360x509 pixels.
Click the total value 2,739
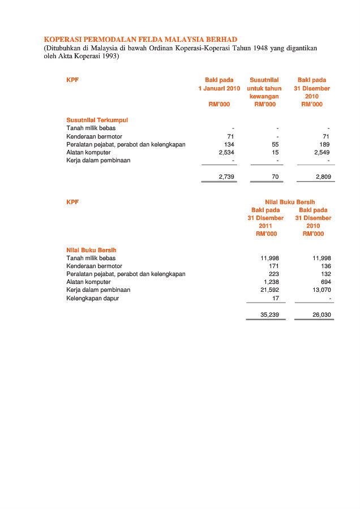226,177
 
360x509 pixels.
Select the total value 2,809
322,177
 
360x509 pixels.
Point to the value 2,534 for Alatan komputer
226,152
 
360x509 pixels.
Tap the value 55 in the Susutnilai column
275,144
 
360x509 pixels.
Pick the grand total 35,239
269,314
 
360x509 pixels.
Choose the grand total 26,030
322,314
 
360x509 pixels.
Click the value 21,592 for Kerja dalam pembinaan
269,290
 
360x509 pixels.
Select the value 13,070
322,290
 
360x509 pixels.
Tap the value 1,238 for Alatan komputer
271,282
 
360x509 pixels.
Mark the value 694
325,282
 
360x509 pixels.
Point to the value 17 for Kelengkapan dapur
275,298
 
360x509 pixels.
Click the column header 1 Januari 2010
219,88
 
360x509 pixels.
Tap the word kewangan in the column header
264,96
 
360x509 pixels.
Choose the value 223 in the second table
273,274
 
